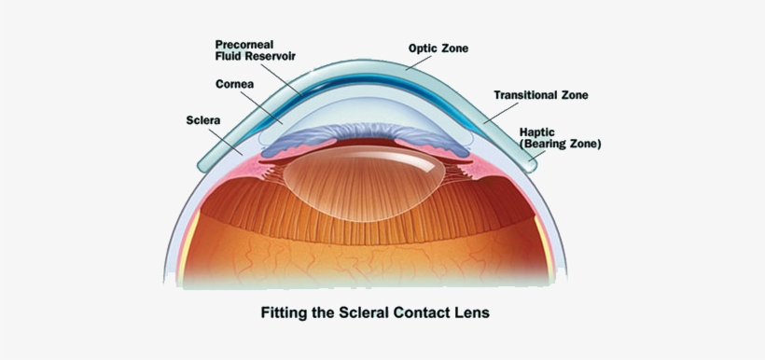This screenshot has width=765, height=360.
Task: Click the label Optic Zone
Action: pos(438,48)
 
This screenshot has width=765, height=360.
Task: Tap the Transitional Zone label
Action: pos(541,95)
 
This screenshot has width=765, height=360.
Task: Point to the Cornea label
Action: pos(237,84)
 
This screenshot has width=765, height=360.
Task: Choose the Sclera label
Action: pos(203,120)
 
